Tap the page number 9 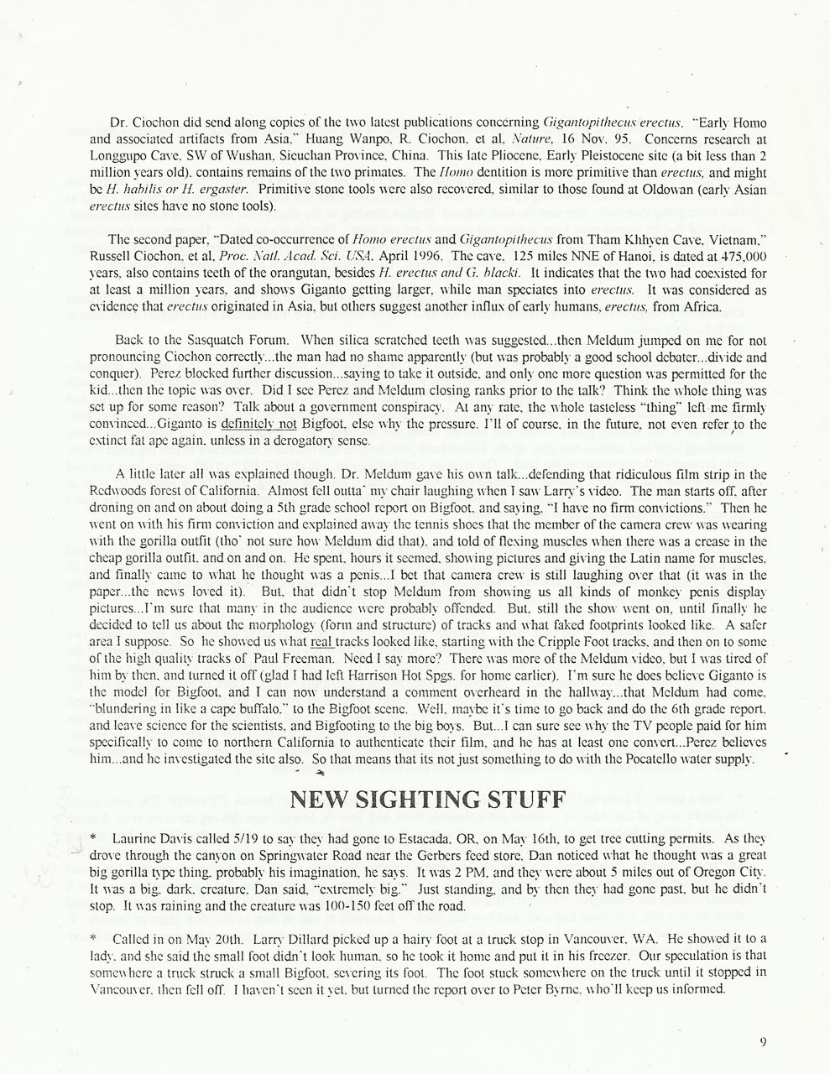coord(763,1042)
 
